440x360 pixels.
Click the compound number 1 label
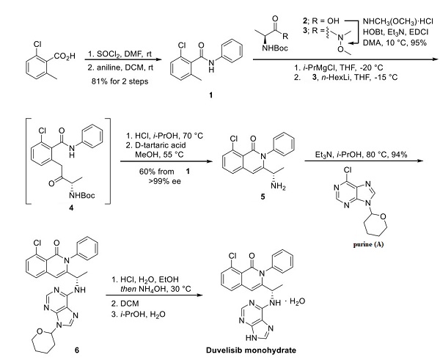tap(201, 95)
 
